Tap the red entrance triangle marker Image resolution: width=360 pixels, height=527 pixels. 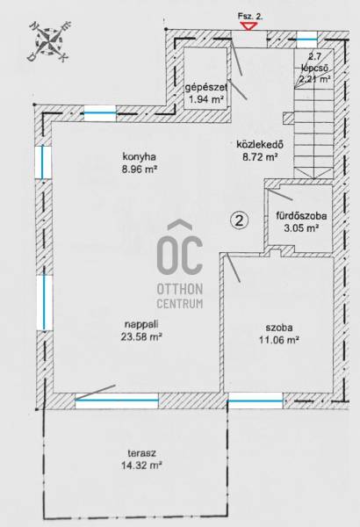[248, 25]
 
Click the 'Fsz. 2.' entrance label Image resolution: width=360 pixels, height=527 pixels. [250, 16]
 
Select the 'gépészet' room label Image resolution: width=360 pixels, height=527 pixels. [206, 88]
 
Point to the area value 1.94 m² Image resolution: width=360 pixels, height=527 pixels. [206, 99]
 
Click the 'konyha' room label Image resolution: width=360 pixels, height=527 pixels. [139, 156]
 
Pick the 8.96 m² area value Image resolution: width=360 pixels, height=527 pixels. [140, 170]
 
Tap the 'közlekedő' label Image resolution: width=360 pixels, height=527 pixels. [260, 145]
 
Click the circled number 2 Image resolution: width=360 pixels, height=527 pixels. [240, 220]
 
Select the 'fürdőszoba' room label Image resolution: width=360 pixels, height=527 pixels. [301, 216]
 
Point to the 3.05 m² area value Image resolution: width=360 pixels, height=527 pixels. [301, 228]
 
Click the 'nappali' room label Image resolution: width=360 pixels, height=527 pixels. [141, 325]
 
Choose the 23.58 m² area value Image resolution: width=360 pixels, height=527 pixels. [141, 336]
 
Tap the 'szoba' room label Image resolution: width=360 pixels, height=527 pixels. [279, 328]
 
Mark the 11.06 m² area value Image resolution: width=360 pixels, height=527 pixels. [279, 340]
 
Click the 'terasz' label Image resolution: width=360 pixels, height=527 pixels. [141, 453]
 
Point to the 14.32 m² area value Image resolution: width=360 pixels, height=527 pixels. [141, 466]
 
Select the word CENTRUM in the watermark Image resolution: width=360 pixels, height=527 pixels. [180, 304]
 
